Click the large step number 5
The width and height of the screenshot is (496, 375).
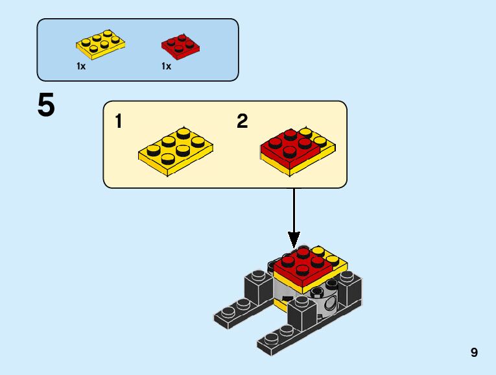click(46, 105)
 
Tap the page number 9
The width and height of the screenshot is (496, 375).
click(475, 353)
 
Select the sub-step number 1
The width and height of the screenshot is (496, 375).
click(119, 121)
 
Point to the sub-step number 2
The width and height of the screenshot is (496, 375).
click(242, 121)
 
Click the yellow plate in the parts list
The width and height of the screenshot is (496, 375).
click(100, 43)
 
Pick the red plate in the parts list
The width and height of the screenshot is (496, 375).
click(180, 46)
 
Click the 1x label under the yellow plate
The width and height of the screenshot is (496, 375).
click(81, 66)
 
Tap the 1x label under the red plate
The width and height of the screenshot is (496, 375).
click(166, 66)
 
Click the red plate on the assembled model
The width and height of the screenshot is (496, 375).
click(301, 265)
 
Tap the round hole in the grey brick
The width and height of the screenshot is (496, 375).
click(331, 303)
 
